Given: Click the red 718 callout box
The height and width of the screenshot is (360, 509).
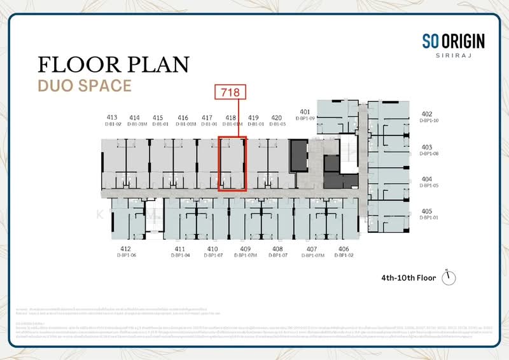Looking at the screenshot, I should pyautogui.click(x=230, y=92).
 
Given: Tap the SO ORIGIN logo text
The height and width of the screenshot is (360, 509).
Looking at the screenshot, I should pyautogui.click(x=453, y=42).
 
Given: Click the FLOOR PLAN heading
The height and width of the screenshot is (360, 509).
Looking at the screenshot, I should pyautogui.click(x=114, y=65).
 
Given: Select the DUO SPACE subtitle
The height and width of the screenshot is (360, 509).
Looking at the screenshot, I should pyautogui.click(x=85, y=85).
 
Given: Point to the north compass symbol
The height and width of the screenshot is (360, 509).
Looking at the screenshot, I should pyautogui.click(x=454, y=278).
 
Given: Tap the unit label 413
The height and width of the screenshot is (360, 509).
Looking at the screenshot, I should pyautogui.click(x=113, y=118).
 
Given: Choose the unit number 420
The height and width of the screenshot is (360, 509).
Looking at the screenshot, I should pyautogui.click(x=276, y=118).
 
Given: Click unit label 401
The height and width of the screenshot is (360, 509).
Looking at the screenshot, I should pyautogui.click(x=305, y=112).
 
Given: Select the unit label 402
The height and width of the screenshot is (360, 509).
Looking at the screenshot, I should pyautogui.click(x=427, y=114).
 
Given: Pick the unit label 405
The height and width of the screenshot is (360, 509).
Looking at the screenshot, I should pyautogui.click(x=427, y=211).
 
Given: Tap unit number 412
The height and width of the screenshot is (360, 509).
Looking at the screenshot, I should pyautogui.click(x=125, y=249).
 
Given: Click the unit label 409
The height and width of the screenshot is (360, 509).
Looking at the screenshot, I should pyautogui.click(x=246, y=249).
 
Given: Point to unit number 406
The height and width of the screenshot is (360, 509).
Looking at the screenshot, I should pyautogui.click(x=344, y=249).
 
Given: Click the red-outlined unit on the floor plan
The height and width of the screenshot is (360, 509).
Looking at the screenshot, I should pyautogui.click(x=232, y=163).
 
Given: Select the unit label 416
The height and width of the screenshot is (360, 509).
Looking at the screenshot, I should pyautogui.click(x=183, y=118).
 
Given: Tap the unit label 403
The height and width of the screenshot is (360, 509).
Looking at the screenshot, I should pyautogui.click(x=427, y=147).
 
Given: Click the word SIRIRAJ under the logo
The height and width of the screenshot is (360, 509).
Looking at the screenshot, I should pyautogui.click(x=453, y=57).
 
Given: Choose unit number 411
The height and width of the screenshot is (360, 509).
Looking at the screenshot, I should pyautogui.click(x=180, y=249).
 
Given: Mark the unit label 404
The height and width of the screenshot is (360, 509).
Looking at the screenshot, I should pyautogui.click(x=427, y=179).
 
